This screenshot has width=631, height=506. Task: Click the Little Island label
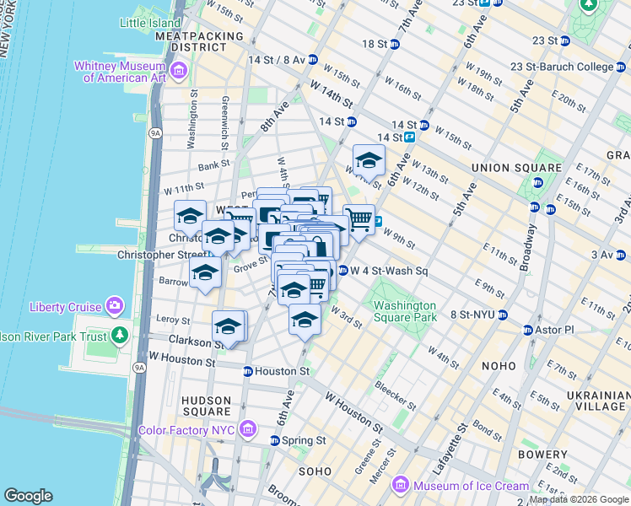(x=151, y=23)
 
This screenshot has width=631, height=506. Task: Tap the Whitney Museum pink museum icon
(x=178, y=72)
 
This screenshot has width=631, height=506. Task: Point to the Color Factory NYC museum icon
(x=247, y=430)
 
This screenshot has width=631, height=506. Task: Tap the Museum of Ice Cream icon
(x=401, y=486)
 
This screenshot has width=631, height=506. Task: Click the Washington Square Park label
(x=405, y=311)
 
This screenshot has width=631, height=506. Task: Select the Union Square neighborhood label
(x=504, y=168)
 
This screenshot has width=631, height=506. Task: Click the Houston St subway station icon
(x=247, y=371)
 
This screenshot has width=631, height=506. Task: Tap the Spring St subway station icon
(x=275, y=440)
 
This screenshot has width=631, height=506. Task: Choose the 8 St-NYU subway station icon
(x=502, y=315)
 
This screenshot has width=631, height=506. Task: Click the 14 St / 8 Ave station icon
(x=312, y=60)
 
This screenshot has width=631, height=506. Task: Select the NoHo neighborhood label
(x=499, y=366)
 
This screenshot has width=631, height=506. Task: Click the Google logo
(x=28, y=495)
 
